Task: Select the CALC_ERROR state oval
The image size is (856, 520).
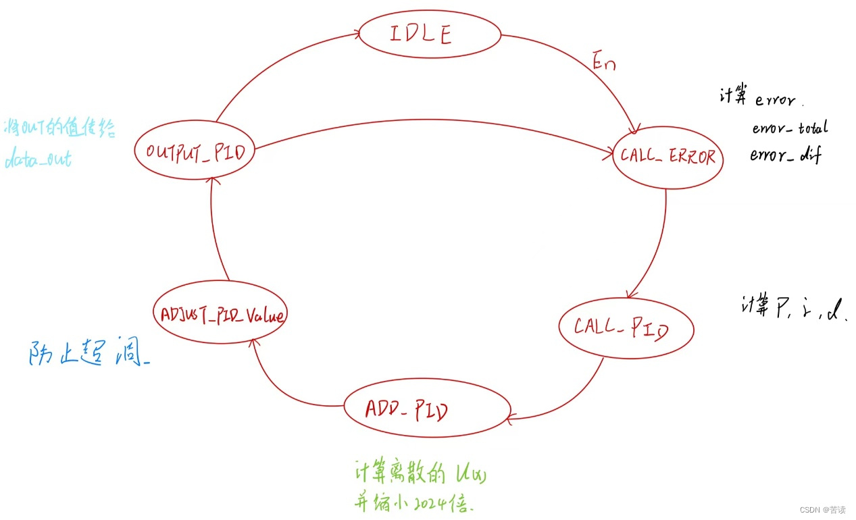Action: pos(668,156)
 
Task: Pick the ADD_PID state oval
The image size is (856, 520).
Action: pos(427,410)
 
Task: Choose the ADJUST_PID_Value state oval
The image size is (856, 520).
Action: pos(218,315)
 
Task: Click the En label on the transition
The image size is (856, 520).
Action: pos(603,62)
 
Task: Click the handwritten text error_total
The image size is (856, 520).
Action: pos(789,128)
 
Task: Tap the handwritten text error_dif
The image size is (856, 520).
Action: pos(785,155)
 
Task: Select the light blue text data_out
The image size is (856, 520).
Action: pos(38,161)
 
